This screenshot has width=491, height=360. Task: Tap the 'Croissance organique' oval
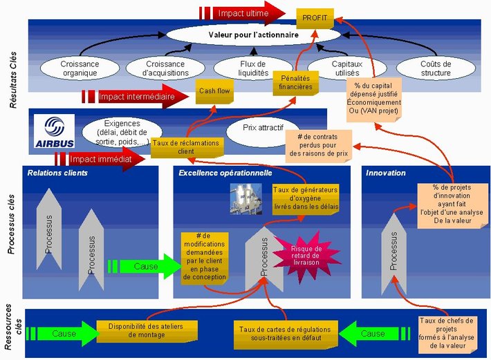click(80, 68)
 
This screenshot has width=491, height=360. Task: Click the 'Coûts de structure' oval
click(436, 68)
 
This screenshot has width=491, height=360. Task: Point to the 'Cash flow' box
click(214, 91)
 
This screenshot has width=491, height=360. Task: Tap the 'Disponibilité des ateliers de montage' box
click(142, 331)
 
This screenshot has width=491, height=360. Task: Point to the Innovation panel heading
click(386, 172)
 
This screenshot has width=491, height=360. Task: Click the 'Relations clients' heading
click(57, 172)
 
